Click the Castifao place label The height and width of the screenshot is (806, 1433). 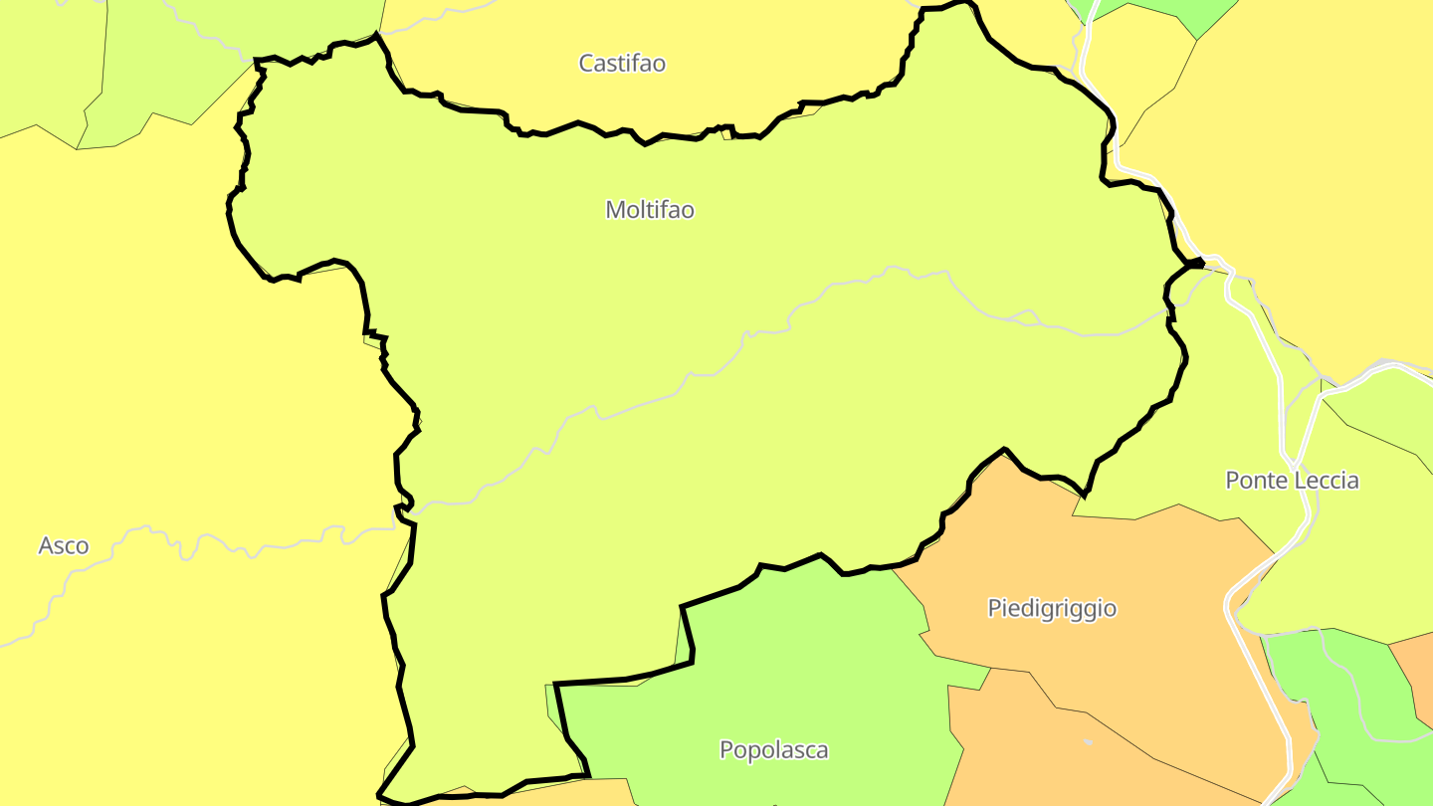[x=622, y=64]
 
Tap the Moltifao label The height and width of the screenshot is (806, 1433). [x=649, y=210]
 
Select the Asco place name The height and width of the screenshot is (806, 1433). [x=64, y=545]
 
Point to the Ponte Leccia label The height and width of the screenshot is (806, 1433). [x=1292, y=481]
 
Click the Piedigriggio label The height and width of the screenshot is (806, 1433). [x=1052, y=608]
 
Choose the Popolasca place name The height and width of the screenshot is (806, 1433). [x=773, y=750]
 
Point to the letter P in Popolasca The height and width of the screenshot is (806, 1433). [x=726, y=750]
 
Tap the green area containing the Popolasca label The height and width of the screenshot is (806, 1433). [x=796, y=657]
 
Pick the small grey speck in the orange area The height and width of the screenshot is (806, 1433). [x=1088, y=741]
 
